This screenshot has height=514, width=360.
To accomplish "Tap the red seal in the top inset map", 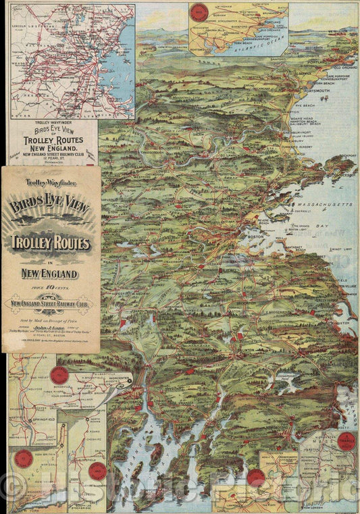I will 199,13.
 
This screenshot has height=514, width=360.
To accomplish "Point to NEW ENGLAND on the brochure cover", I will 51,274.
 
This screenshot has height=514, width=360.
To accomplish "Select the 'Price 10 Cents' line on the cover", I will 51,286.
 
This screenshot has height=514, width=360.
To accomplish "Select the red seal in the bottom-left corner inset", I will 24,459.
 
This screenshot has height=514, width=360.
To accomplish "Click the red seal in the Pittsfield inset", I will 97,471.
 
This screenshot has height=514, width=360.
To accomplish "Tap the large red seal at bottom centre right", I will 255,478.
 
